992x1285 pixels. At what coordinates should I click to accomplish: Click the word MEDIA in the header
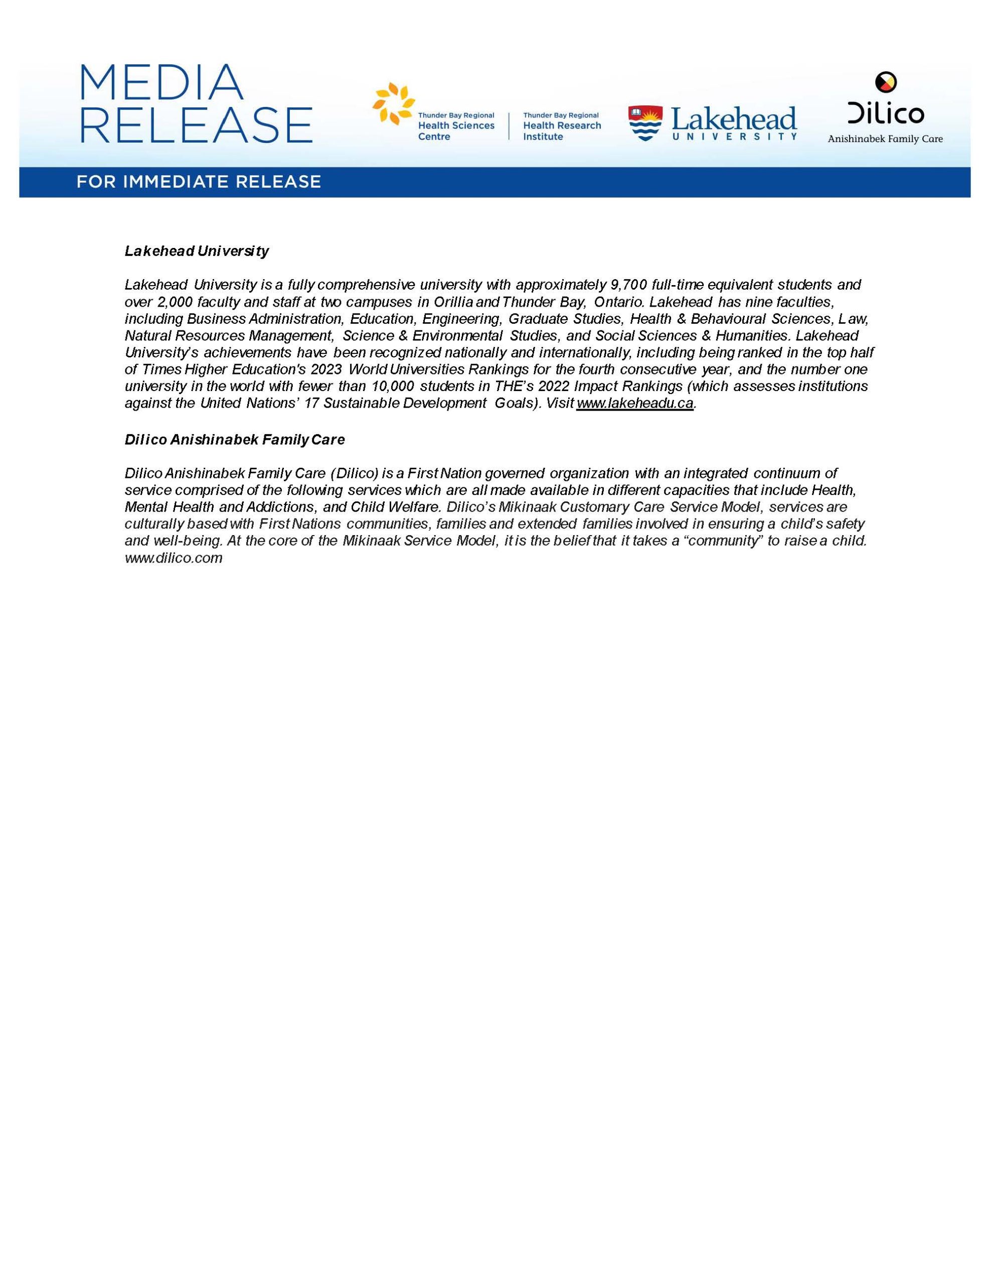click(161, 83)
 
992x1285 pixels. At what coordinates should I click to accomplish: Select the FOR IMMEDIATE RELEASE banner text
click(199, 182)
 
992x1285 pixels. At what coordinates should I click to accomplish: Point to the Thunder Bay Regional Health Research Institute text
click(562, 126)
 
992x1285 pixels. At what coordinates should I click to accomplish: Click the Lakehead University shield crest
click(645, 123)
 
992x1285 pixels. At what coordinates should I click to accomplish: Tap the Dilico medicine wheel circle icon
click(886, 82)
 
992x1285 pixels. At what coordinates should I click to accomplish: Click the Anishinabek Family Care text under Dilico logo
click(885, 140)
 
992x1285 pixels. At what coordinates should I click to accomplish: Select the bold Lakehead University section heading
click(197, 251)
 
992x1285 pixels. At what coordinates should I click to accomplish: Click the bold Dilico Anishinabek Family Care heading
click(235, 440)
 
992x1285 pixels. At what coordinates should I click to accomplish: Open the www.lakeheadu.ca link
click(635, 404)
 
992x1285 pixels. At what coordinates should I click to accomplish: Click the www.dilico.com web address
click(174, 558)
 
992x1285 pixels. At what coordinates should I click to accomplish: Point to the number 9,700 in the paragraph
click(628, 285)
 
